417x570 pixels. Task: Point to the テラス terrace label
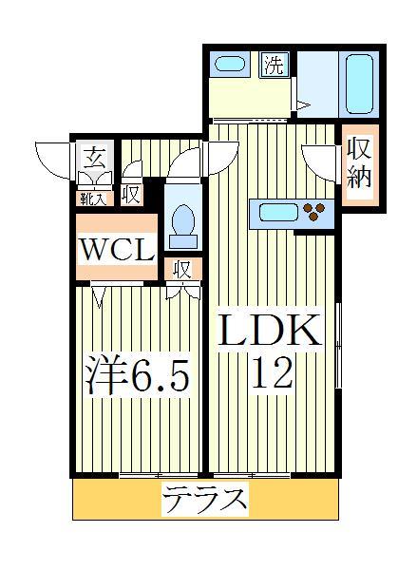tap(205, 497)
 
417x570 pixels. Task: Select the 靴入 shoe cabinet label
tap(92, 198)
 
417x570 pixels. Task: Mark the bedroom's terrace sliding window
tap(159, 473)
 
